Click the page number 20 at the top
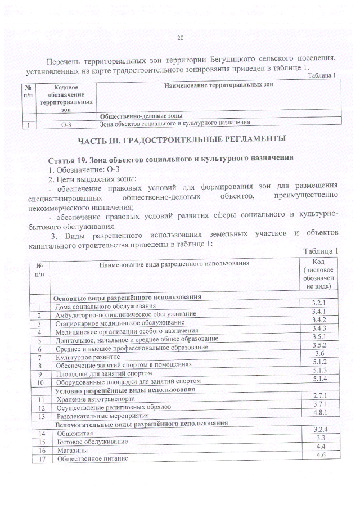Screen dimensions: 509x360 181,38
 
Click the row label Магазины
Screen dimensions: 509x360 71,451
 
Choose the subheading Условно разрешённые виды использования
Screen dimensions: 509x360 125,389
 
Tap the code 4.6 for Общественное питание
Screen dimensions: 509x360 321,454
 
